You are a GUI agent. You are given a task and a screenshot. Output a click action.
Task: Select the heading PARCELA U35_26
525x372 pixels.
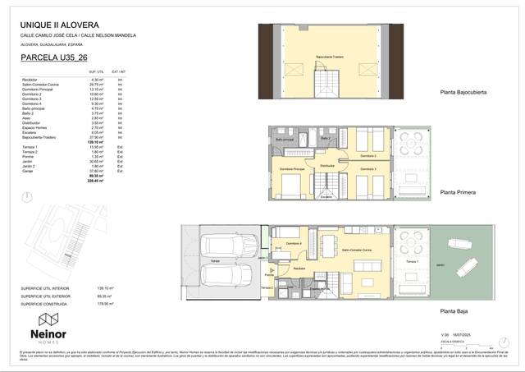(56, 58)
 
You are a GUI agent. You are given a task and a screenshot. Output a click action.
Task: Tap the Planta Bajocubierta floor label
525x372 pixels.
(463, 93)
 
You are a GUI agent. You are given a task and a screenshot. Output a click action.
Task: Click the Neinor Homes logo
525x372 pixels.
(48, 326)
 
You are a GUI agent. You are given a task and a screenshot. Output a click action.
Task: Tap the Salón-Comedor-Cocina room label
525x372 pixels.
(358, 249)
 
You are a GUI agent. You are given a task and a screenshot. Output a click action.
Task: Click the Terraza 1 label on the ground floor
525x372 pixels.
(411, 262)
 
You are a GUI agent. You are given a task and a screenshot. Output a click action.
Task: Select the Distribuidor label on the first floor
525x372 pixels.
(326, 165)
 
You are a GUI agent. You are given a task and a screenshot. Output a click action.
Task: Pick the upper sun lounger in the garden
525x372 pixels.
(457, 244)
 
